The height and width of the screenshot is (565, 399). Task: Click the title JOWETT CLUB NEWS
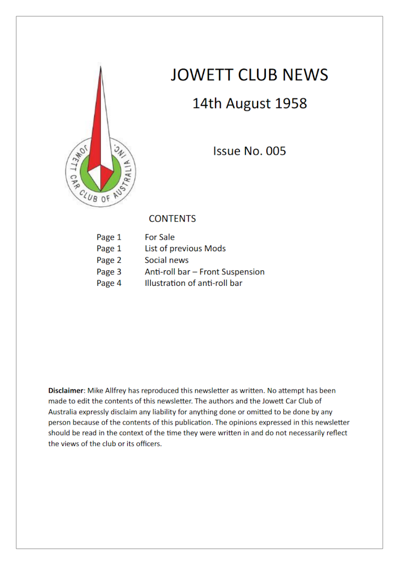(249, 75)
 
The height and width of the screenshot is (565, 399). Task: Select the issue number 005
(276, 151)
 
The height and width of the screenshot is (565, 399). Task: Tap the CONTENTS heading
(172, 219)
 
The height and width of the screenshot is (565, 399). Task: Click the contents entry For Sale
(159, 238)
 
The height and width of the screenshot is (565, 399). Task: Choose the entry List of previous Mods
(185, 248)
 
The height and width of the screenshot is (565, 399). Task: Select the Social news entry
(167, 260)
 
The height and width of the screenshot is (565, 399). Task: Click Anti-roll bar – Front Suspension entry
(204, 272)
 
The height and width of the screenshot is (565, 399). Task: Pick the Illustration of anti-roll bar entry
(193, 283)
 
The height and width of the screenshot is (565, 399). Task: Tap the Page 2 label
(109, 260)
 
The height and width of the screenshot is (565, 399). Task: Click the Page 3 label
(109, 272)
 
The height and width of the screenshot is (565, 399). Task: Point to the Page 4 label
(109, 283)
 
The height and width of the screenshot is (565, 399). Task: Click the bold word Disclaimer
(66, 391)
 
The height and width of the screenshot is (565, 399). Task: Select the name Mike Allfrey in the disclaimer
(107, 391)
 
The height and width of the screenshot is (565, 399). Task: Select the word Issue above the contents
(227, 151)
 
